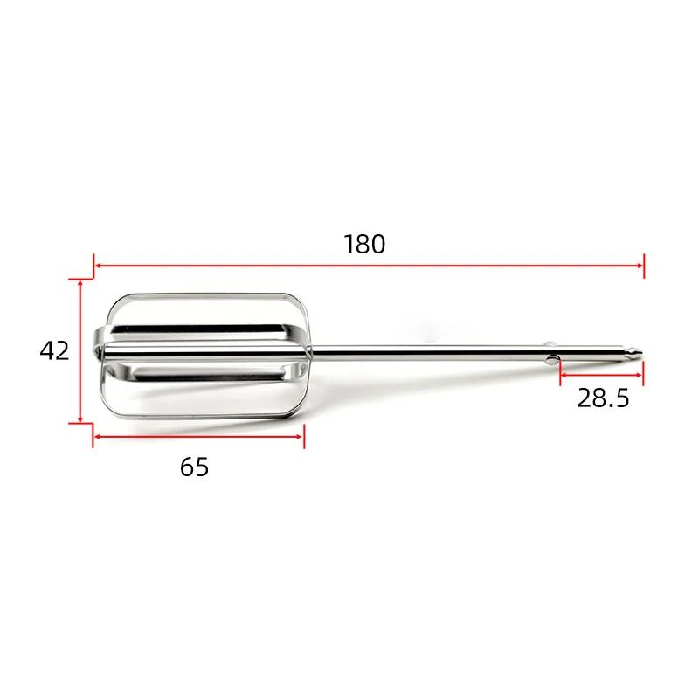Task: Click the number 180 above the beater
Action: (364, 244)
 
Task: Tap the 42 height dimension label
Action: (54, 350)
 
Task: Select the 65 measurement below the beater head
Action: (195, 467)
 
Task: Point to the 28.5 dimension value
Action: (603, 398)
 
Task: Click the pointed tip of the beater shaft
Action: (640, 352)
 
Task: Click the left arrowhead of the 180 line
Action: (97, 265)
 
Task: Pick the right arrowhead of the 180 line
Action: (640, 265)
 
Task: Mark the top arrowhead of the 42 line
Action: (80, 283)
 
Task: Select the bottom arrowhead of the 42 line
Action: (80, 419)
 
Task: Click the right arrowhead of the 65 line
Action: (301, 436)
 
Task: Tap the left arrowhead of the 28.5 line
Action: (562, 375)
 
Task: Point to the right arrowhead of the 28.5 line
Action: (640, 375)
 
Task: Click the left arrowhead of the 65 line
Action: (97, 436)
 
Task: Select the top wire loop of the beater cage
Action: (205, 295)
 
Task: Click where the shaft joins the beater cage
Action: (311, 353)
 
